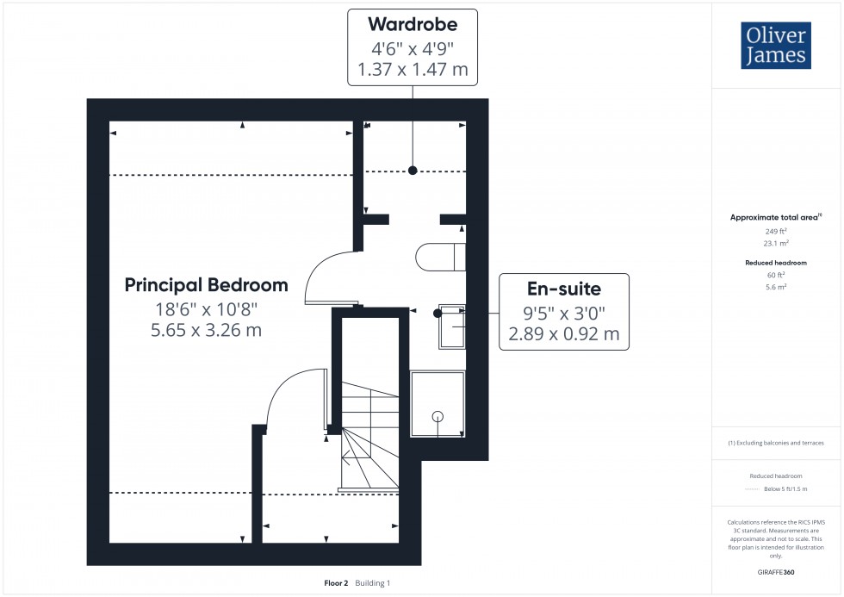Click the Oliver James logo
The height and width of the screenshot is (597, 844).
pos(775,46)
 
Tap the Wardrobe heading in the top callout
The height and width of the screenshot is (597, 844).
pos(412,23)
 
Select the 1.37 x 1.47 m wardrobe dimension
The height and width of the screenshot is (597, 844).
pos(412,70)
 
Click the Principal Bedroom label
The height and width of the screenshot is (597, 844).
pos(206,284)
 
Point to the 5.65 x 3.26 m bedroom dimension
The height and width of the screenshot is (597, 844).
pos(206,329)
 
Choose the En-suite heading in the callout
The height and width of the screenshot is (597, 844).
pos(564,289)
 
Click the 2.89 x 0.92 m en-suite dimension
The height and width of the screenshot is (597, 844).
pos(564,333)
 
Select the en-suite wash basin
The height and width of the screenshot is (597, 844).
pos(452,326)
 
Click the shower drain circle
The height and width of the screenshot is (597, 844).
pos(438,417)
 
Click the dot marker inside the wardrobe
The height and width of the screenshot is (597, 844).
pos(413,171)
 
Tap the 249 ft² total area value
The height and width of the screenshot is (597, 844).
pos(776,232)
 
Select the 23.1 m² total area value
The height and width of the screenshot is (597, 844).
pos(776,244)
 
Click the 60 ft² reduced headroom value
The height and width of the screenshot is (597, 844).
pos(776,274)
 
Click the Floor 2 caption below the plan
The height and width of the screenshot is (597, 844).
pos(336,583)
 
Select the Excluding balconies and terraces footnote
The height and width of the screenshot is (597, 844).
pos(776,443)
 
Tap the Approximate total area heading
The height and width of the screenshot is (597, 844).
pos(773,217)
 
